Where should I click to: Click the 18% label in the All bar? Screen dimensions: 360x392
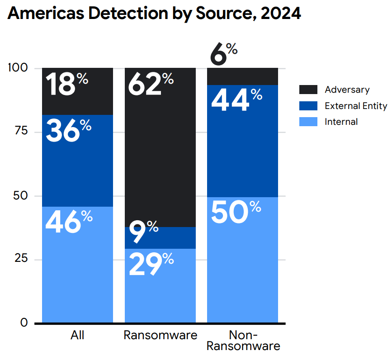pos(67,85)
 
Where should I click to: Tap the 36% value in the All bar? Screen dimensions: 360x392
pos(68,131)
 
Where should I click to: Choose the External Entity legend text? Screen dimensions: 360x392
pos(356,106)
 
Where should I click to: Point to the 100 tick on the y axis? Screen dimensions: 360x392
pos(18,68)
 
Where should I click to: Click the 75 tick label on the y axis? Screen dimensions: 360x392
pos(21,132)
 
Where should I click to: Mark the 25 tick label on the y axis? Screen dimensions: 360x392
pos(21,259)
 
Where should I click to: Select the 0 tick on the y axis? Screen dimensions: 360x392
pos(24,323)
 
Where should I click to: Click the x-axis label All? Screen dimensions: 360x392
pos(77,336)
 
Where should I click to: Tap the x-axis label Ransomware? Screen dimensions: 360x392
pos(161,336)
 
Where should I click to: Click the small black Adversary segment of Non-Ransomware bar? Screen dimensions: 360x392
pos(242,76)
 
